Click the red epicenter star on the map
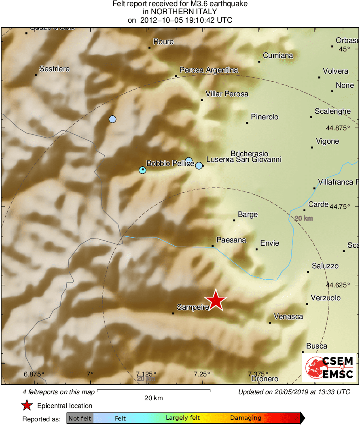216,300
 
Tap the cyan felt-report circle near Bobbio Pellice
142,170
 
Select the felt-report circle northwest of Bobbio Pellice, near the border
112,119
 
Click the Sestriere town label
55,69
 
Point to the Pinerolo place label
265,117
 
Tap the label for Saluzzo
325,266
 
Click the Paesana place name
231,240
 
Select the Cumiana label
278,55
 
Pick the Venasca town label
288,317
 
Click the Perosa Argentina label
209,70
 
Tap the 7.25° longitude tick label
201,374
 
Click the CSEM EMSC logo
329,367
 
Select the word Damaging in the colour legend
246,418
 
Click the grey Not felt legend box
80,418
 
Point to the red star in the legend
27,405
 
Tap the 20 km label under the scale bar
154,398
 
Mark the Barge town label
248,215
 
